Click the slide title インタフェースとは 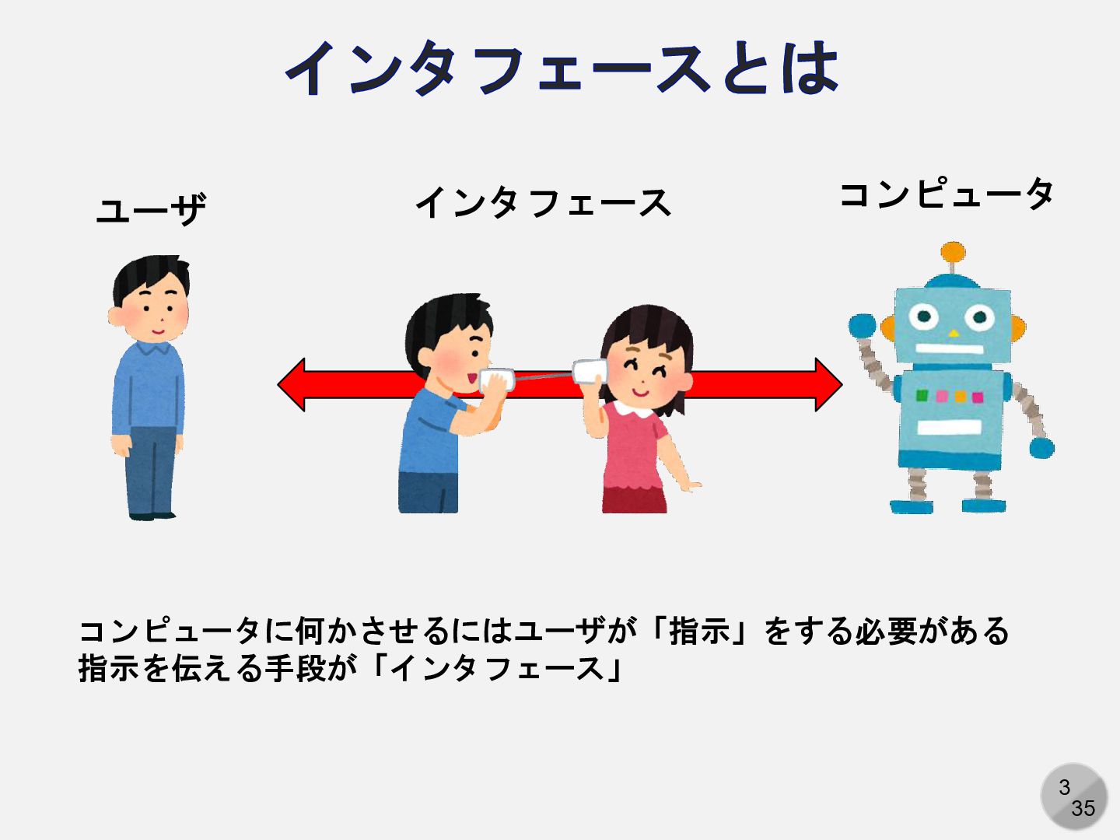[562, 68]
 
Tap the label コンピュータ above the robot [947, 194]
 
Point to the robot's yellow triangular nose [954, 334]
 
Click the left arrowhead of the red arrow [293, 384]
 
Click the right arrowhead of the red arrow [828, 384]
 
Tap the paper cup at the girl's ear [589, 372]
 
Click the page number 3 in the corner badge [1064, 787]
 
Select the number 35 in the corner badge [1083, 809]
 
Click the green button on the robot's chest [922, 396]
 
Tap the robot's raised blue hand [862, 325]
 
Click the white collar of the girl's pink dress [632, 408]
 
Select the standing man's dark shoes [152, 514]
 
